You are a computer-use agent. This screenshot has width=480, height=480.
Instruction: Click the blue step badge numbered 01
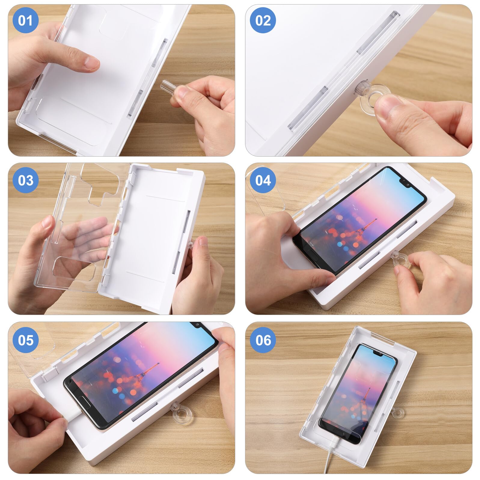(25, 20)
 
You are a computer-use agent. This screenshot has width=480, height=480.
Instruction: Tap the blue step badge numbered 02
(263, 20)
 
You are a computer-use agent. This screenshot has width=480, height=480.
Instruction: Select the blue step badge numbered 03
(25, 180)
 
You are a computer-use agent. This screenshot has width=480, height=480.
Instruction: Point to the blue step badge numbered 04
(263, 180)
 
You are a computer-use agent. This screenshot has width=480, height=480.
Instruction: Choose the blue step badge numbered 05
(25, 340)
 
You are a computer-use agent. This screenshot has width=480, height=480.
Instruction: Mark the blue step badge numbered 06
(263, 340)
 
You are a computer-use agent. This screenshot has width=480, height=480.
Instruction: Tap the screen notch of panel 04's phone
(405, 184)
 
